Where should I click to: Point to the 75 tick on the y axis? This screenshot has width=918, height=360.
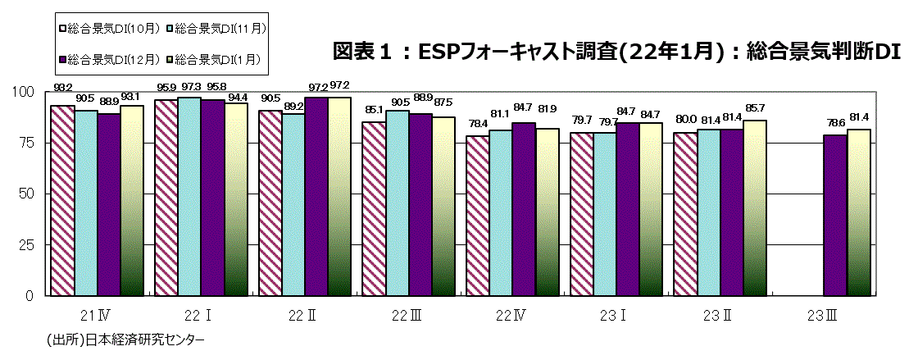point(29,143)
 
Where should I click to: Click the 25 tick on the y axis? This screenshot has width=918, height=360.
point(29,244)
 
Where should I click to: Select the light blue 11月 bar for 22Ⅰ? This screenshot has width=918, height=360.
point(189,196)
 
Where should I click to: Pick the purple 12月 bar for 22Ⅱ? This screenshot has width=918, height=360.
point(316,196)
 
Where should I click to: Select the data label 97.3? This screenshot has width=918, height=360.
point(190,85)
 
